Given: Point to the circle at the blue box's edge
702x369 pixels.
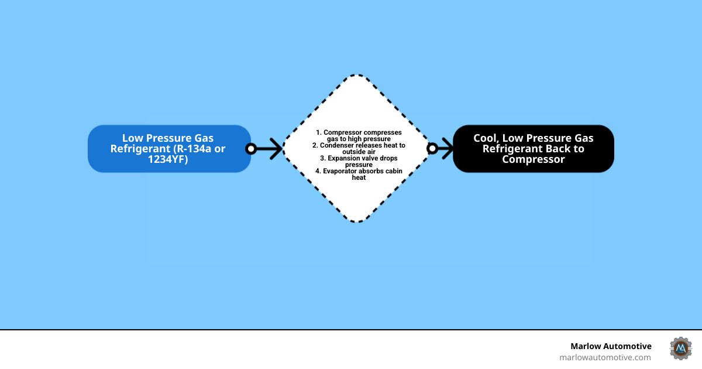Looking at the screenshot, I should click(x=251, y=149).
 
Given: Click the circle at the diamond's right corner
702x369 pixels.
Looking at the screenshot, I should click(x=432, y=149).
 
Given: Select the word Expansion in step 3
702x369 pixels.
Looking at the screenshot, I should click(x=346, y=158).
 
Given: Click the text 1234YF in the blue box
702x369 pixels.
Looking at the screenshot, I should click(x=168, y=159).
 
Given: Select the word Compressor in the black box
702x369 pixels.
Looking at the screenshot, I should click(x=534, y=159).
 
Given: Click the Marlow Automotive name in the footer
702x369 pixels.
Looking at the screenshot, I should click(x=611, y=346).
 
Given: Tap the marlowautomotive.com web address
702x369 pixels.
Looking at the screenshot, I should click(x=605, y=357).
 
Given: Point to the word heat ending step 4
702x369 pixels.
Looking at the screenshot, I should click(x=359, y=177).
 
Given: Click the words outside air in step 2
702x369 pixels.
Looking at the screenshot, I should click(x=359, y=152).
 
